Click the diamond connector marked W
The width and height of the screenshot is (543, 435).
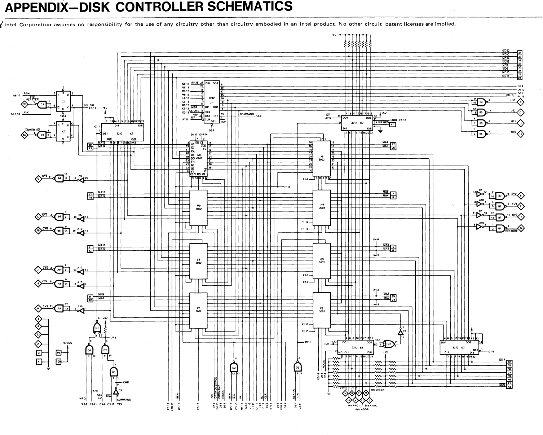coord(25,105)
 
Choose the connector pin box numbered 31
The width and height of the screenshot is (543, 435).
coord(520,53)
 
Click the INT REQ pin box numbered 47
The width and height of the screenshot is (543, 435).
coord(392,124)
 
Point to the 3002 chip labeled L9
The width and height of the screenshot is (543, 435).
coord(199,261)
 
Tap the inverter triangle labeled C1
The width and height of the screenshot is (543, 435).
coord(400,331)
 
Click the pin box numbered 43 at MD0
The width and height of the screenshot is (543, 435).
coord(509,387)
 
